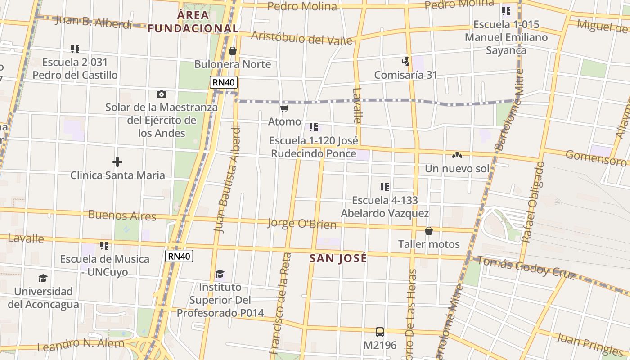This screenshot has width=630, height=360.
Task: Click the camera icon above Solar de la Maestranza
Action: point(161,94)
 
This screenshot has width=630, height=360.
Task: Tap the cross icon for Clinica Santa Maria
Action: point(117,162)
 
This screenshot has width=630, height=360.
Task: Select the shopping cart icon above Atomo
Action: point(284,108)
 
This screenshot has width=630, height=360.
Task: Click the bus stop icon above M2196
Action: point(380,332)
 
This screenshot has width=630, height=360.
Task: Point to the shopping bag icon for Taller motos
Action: point(429,231)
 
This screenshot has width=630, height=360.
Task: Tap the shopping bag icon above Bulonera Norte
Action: point(233,51)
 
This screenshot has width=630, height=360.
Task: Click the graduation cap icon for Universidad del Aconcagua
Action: point(43,278)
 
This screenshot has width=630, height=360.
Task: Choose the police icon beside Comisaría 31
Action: point(406,62)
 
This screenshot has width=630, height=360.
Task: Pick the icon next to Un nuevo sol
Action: point(457,155)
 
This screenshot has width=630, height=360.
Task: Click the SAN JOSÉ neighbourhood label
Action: point(338,258)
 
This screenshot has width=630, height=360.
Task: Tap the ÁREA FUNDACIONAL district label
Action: point(193,22)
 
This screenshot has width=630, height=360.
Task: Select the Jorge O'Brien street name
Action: point(302,223)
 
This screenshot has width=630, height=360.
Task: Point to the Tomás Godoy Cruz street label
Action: point(526,267)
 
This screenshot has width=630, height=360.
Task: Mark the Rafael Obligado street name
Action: point(533,202)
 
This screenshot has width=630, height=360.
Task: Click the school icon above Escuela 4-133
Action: point(384,187)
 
